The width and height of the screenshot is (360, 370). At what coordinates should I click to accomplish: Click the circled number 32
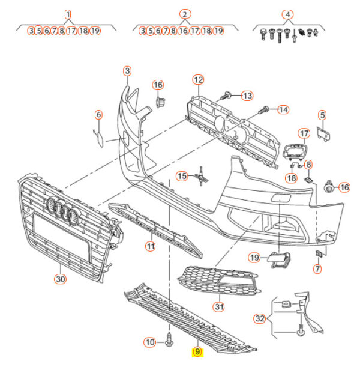(x=259, y=318)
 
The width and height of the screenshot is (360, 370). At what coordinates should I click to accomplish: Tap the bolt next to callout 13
(x=229, y=95)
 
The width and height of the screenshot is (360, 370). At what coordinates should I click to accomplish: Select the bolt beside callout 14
(x=265, y=110)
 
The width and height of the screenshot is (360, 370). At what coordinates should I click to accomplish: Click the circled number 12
(x=198, y=79)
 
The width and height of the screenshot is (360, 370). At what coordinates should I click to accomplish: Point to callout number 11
(x=150, y=246)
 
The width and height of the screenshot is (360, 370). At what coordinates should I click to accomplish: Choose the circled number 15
(x=182, y=175)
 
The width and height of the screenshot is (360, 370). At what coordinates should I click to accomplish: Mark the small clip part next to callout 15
(x=203, y=176)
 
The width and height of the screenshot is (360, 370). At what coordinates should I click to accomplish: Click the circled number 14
(x=282, y=109)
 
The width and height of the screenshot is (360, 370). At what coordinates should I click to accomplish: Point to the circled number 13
(x=247, y=95)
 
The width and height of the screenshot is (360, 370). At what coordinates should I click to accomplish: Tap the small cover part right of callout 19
(x=279, y=259)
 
